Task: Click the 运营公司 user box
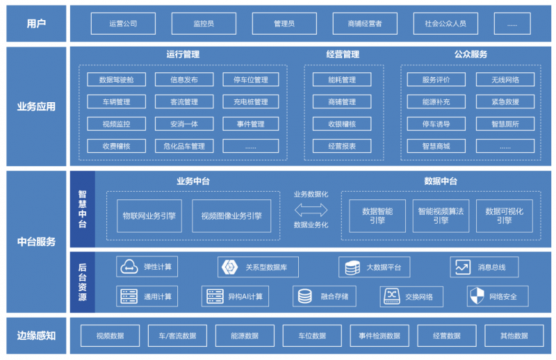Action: pyautogui.click(x=123, y=24)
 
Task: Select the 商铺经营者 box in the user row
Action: pyautogui.click(x=365, y=24)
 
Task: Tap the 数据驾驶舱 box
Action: pyautogui.click(x=116, y=79)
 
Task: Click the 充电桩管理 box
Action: pyautogui.click(x=251, y=101)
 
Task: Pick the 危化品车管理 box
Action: pyautogui.click(x=184, y=146)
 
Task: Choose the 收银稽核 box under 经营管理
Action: pyautogui.click(x=342, y=124)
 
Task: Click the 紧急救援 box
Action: pyautogui.click(x=505, y=101)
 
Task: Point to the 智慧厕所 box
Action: pyautogui.click(x=505, y=124)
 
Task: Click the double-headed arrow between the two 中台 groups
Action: pyautogui.click(x=311, y=210)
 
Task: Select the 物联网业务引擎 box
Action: pyautogui.click(x=149, y=216)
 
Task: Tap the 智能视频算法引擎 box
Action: pyautogui.click(x=441, y=216)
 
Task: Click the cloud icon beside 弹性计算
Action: pyautogui.click(x=129, y=267)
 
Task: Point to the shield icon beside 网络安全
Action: pyautogui.click(x=477, y=296)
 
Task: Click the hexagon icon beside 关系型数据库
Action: pyautogui.click(x=229, y=267)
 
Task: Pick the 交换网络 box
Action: pyautogui.click(x=411, y=297)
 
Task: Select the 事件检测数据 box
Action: pyautogui.click(x=379, y=336)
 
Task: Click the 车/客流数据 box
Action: pyautogui.click(x=177, y=336)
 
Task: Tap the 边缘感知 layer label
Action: pyautogui.click(x=36, y=336)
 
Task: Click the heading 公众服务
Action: pyautogui.click(x=471, y=54)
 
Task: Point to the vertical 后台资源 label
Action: pyautogui.click(x=82, y=282)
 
